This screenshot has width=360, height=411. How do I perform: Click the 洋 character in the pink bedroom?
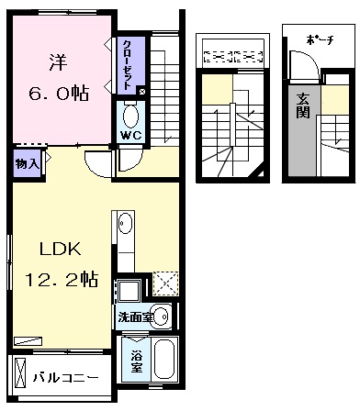(x=58, y=62)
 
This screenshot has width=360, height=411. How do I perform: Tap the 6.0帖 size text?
(x=59, y=94)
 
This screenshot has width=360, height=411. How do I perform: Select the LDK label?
(x=61, y=249)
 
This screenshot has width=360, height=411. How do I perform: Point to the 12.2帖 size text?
(x=62, y=280)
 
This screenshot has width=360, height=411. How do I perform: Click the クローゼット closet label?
(x=128, y=65)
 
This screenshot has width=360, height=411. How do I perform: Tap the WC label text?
(x=131, y=135)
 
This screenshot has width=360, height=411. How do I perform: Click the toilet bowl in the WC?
(x=130, y=116)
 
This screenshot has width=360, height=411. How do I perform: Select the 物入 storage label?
(x=28, y=164)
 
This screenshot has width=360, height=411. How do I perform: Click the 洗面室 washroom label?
(x=136, y=317)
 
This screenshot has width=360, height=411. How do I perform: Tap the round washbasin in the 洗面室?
(x=162, y=317)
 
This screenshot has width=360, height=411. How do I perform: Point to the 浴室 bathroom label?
(x=137, y=362)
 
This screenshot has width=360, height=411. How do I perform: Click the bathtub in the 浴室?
(x=164, y=359)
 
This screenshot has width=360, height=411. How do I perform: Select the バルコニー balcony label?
(x=65, y=378)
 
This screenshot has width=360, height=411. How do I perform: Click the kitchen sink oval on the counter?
(x=125, y=223)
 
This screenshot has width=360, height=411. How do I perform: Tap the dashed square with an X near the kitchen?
(x=165, y=283)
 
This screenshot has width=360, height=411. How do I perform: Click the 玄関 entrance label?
(x=302, y=106)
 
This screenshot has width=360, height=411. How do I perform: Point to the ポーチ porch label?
(x=319, y=40)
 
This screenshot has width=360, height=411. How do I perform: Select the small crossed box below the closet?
(x=142, y=91)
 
